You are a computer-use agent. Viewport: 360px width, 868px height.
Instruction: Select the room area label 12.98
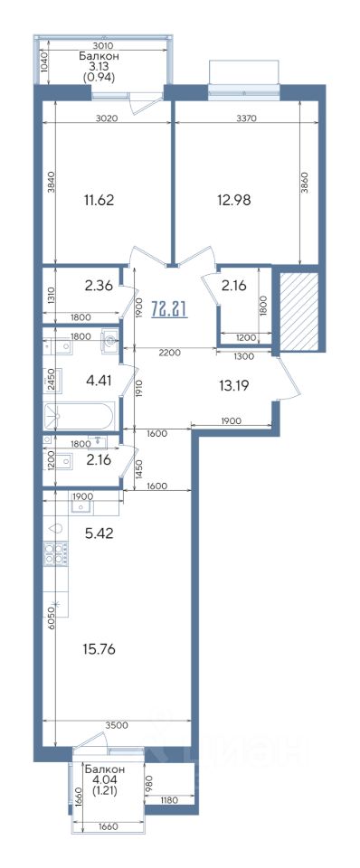point(233,200)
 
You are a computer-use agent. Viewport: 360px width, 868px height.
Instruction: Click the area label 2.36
point(99,287)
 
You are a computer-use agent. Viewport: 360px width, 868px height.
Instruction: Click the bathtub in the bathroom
point(81,415)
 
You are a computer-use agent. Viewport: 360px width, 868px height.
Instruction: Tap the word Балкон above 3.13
point(99,56)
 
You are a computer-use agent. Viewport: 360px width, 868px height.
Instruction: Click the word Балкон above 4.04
point(105,769)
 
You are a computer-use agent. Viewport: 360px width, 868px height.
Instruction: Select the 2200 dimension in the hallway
point(169,351)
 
